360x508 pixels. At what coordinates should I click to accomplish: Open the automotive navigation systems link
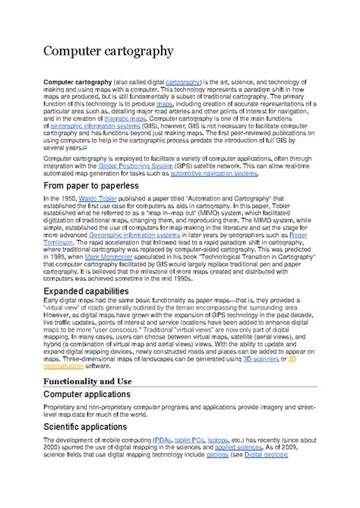[213, 173]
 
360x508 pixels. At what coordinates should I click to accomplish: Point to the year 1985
[72, 257]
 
